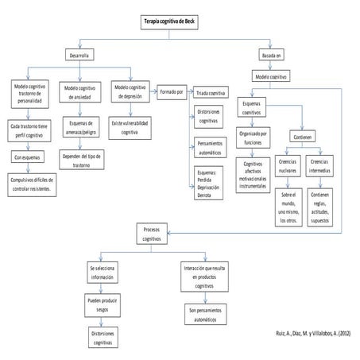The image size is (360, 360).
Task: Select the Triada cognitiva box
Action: coord(211,93)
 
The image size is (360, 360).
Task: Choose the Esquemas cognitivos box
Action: coord(254,106)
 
